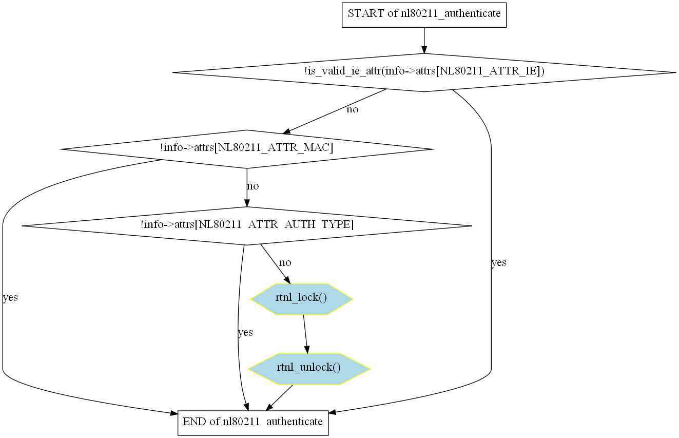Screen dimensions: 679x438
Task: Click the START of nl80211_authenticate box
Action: (424, 15)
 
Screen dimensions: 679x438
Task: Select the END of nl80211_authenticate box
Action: (253, 423)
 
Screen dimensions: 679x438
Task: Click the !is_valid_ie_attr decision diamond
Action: (424, 72)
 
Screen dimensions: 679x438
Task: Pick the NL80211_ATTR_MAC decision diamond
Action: (247, 149)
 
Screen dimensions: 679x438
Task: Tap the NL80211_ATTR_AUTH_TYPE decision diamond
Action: (247, 225)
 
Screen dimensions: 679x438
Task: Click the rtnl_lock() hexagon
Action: (302, 299)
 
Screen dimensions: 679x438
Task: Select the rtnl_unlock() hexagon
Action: (309, 369)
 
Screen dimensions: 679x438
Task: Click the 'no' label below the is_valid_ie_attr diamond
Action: (352, 109)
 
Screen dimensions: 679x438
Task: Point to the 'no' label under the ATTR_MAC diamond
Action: (253, 186)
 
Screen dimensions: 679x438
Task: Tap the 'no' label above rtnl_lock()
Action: (285, 263)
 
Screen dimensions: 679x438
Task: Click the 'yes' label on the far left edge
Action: (10, 298)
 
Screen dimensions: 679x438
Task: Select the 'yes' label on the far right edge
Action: (499, 263)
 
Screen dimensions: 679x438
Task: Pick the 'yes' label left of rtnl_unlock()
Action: (245, 333)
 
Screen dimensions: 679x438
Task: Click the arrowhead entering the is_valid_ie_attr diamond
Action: (424, 50)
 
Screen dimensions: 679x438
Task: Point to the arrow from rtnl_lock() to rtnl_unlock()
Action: (305, 334)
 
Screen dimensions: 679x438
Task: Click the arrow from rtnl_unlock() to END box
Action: (279, 398)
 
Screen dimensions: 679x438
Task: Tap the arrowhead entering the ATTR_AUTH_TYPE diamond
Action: (247, 203)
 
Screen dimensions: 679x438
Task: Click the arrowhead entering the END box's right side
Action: (333, 412)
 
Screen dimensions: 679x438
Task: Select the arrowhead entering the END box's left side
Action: (174, 413)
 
